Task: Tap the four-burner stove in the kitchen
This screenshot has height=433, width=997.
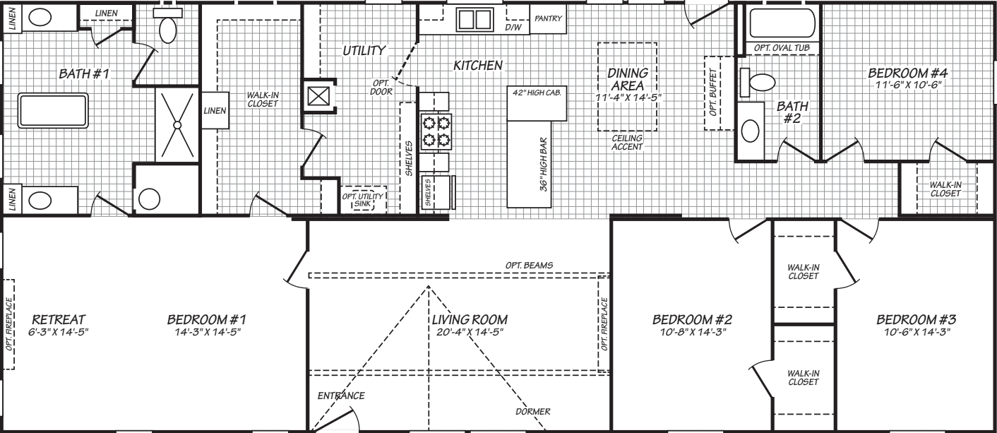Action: (x=435, y=132)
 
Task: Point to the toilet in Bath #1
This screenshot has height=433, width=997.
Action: (x=168, y=29)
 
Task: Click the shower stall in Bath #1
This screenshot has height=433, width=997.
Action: (x=177, y=124)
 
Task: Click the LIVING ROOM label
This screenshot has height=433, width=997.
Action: (x=470, y=320)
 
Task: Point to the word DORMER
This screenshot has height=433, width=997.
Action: (x=532, y=411)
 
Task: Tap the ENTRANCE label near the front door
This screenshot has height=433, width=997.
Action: (x=340, y=395)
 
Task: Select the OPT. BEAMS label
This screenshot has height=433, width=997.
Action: (x=529, y=265)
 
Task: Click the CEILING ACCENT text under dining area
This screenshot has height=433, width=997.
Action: (x=627, y=143)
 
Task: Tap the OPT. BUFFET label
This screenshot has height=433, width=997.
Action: (x=714, y=93)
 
